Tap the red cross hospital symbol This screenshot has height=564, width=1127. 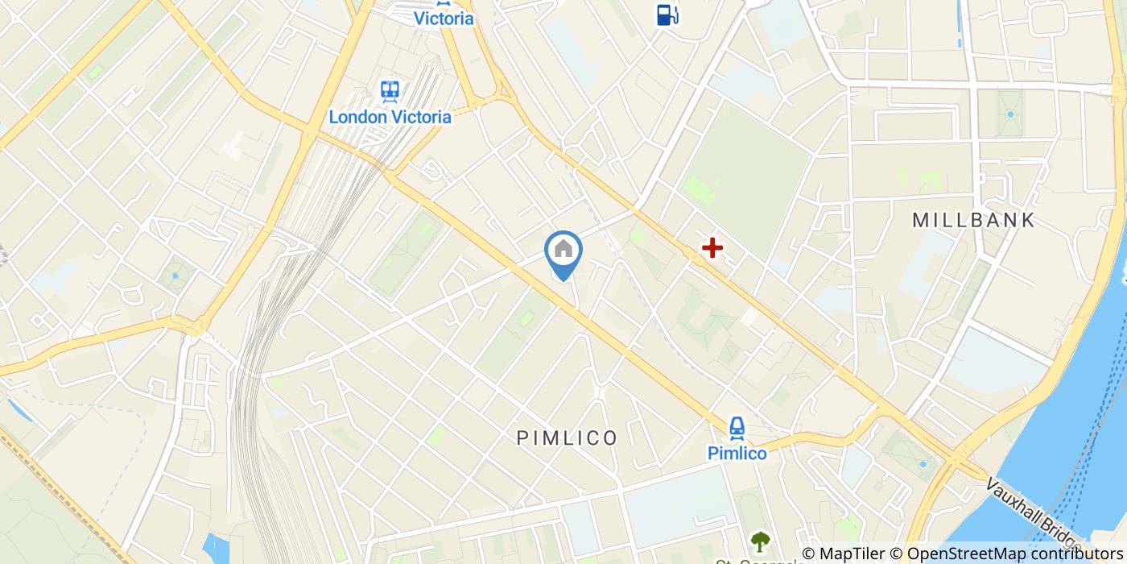tap(712, 248)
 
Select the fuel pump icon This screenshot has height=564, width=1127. tap(667, 14)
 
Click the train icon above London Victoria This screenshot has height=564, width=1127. tap(390, 90)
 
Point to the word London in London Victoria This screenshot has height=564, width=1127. tap(357, 117)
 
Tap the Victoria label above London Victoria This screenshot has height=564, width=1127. tap(444, 19)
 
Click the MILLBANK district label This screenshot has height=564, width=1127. tap(973, 220)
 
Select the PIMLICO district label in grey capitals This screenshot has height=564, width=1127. tap(567, 438)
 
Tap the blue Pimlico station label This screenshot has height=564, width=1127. tap(737, 454)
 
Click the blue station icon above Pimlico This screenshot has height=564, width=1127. tap(737, 427)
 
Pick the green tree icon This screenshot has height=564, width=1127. tap(759, 541)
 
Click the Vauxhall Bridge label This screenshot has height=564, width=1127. tap(1038, 516)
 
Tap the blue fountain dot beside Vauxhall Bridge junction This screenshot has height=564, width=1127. tap(923, 465)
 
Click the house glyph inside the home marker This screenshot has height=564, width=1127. tap(563, 248)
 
